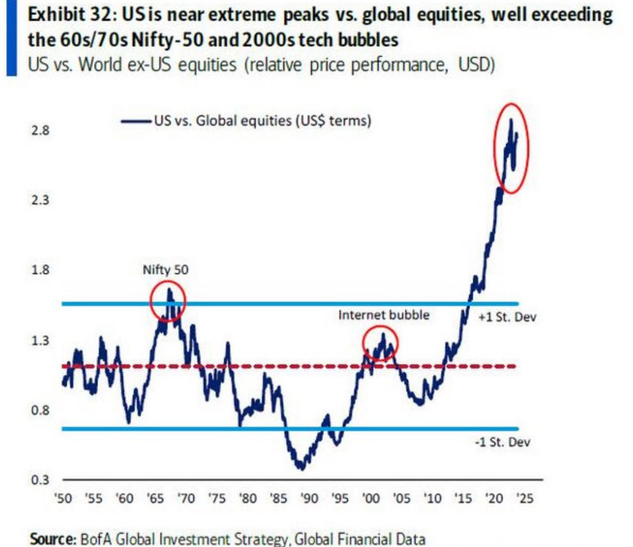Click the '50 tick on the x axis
[x=64, y=499]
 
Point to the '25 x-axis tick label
[x=522, y=499]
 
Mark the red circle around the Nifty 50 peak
[x=168, y=299]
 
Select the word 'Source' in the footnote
[x=52, y=539]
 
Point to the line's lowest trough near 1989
[x=300, y=468]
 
